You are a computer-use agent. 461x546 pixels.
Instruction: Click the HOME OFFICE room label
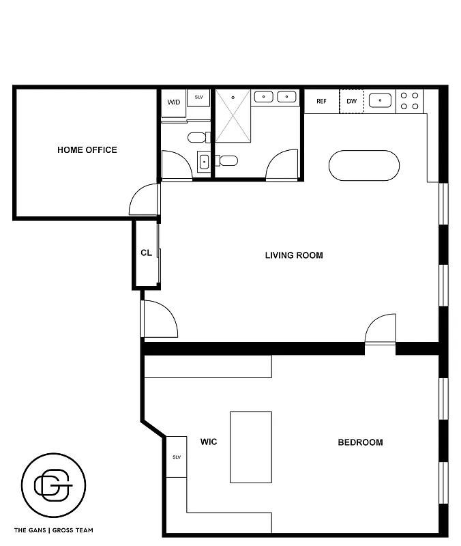coord(87,150)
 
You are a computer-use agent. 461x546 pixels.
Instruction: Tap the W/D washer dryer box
coord(174,102)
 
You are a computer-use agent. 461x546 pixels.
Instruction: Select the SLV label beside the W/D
coord(199,98)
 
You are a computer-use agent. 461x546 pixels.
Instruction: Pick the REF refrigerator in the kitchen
coord(321,102)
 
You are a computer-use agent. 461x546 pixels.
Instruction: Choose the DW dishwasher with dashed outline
coord(352,102)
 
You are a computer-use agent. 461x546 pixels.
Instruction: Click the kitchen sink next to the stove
coord(380,102)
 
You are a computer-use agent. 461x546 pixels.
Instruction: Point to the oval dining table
coord(364,166)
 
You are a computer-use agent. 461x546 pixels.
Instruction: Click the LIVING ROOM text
coord(294,256)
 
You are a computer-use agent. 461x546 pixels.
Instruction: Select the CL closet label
coord(146,253)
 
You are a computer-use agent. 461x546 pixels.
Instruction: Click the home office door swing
coord(145,199)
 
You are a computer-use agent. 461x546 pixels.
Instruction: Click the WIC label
coord(209,442)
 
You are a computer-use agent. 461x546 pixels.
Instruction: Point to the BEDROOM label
coord(360,442)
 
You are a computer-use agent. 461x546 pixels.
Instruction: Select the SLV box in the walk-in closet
coord(176,457)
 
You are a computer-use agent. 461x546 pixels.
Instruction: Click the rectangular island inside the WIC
coord(251,446)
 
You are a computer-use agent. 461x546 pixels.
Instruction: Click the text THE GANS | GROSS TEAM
coord(54,530)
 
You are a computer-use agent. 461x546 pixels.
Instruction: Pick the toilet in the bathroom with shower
coord(228,161)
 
